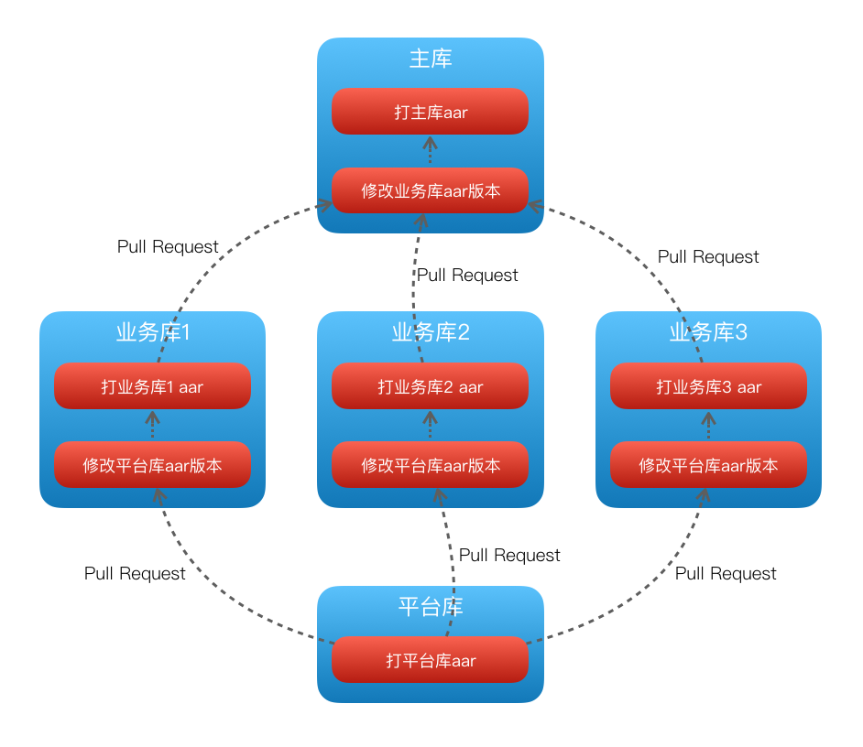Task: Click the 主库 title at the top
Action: [x=431, y=60]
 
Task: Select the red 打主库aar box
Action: [x=431, y=112]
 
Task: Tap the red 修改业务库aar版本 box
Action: [x=431, y=190]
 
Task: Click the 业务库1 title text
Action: [x=152, y=332]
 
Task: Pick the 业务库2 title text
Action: [x=431, y=332]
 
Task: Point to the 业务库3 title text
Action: [x=708, y=332]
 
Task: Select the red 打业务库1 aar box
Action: [x=152, y=386]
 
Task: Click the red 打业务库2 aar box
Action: [x=431, y=386]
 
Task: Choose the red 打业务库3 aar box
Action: [x=708, y=386]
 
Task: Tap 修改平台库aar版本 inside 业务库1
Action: [x=152, y=465]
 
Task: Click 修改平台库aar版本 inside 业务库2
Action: [x=431, y=465]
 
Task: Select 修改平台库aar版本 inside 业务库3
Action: [x=708, y=465]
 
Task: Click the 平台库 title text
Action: [x=431, y=607]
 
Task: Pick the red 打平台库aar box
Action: [x=431, y=660]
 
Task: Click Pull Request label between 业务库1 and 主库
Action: [x=168, y=247]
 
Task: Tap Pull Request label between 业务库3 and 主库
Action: [x=708, y=257]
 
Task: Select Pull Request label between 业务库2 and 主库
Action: [x=467, y=276]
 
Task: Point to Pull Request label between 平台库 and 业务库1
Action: [x=135, y=574]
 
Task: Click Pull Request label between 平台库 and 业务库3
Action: [x=726, y=574]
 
